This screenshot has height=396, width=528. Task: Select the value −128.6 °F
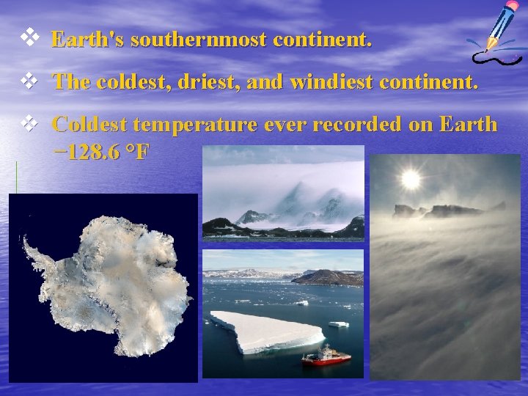tap(103, 153)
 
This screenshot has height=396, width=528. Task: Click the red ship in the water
tap(326, 357)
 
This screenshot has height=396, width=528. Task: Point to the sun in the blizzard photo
tap(410, 179)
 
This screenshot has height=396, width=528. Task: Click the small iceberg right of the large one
tap(338, 323)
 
